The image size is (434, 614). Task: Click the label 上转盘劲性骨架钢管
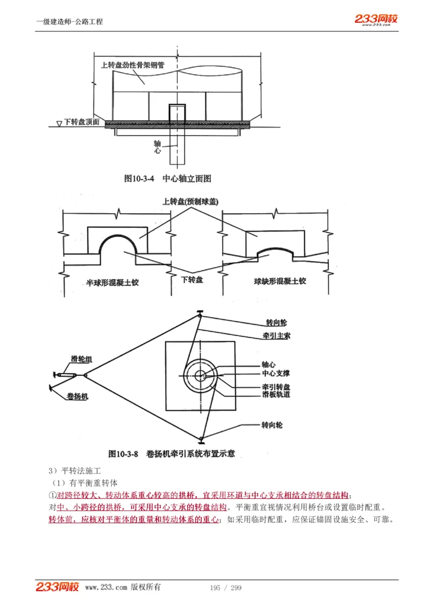coord(133,65)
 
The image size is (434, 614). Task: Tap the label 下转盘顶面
coord(81,123)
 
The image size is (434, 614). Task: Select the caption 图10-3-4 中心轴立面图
coord(167,178)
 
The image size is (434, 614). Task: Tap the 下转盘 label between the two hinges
coord(192,280)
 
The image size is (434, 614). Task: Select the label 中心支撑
coord(276,374)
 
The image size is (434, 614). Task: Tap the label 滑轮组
coord(81,359)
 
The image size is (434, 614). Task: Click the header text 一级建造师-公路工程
coord(69,22)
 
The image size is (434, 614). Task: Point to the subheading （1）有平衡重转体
coord(84,483)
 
